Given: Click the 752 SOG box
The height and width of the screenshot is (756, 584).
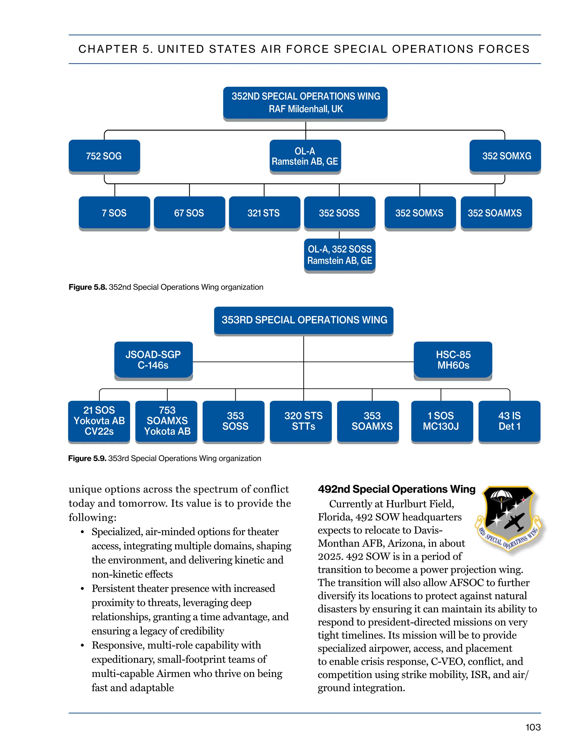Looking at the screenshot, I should tap(104, 156).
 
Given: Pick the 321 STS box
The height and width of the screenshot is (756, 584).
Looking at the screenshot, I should tap(264, 213).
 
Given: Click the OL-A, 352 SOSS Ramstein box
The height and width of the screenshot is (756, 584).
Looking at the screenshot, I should tap(339, 255).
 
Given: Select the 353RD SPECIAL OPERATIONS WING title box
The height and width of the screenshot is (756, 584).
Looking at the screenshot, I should tap(304, 320).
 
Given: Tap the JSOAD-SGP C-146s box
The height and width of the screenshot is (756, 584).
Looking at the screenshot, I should tap(153, 360).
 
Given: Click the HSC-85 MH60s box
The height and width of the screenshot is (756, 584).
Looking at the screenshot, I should tap(453, 360).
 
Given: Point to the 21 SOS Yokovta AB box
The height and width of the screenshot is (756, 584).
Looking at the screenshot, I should tap(99, 421).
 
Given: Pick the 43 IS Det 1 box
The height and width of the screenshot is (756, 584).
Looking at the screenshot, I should tap(509, 421).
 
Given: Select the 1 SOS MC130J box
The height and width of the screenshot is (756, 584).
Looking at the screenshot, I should tap(442, 421).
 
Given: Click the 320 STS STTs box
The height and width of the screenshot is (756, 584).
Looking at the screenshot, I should tap(304, 421).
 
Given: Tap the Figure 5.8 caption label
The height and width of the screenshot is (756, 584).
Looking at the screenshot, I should tap(88, 287).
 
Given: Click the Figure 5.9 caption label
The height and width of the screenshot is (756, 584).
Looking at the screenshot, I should tap(87, 458).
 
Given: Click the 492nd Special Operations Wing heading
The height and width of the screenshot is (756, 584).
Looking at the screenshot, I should tap(396, 489).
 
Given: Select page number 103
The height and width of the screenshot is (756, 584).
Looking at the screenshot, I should tap(533, 727).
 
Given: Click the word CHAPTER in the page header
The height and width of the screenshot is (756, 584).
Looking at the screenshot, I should tap(108, 49).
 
